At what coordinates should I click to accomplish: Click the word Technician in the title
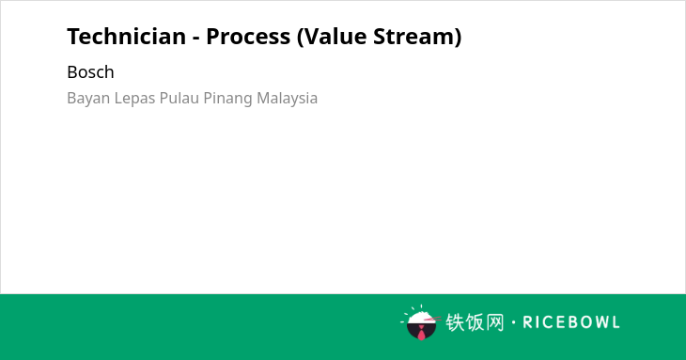(x=127, y=36)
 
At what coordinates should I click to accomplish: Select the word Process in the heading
(x=248, y=36)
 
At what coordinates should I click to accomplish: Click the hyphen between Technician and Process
(x=196, y=39)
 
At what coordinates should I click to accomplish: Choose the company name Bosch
(x=90, y=72)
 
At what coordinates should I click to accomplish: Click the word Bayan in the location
(x=88, y=99)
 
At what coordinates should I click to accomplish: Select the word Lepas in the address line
(x=134, y=99)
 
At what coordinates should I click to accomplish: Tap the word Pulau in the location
(x=179, y=98)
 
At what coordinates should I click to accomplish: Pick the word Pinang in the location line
(x=228, y=99)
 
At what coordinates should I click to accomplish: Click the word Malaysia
(x=287, y=99)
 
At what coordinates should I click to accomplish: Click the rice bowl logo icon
(x=420, y=322)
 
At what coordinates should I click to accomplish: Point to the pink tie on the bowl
(x=421, y=333)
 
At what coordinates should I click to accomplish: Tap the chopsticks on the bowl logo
(x=432, y=319)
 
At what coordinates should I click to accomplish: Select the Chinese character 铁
(x=455, y=322)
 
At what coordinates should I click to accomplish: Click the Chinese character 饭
(x=475, y=322)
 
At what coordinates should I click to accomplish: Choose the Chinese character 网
(x=495, y=322)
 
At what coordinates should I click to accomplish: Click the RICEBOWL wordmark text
(x=571, y=322)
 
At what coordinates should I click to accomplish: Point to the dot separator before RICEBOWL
(x=513, y=322)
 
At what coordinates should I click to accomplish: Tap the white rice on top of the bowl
(x=420, y=317)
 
